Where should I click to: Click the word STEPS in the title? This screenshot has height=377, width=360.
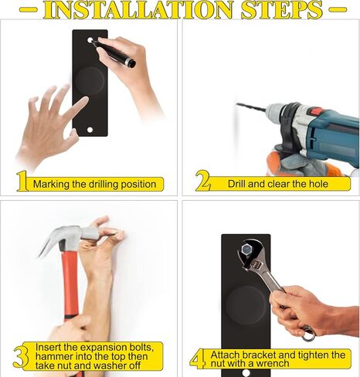tap(282, 10)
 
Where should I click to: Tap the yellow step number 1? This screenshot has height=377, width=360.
tap(22, 182)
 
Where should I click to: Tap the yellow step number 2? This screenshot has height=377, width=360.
tap(203, 180)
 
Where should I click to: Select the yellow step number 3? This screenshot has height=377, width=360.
tap(21, 356)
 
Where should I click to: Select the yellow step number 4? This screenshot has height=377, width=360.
tap(198, 358)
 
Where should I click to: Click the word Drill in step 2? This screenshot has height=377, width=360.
tap(237, 184)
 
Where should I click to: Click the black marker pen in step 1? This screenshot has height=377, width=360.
tap(114, 53)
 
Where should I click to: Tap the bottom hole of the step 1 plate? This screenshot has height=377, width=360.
tap(90, 130)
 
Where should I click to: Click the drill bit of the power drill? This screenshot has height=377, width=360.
tap(251, 107)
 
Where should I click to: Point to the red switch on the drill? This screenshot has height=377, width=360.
tap(314, 112)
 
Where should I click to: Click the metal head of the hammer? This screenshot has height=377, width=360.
tap(67, 237)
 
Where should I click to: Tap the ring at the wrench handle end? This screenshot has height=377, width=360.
tap(309, 334)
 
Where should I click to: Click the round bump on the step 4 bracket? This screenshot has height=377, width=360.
tap(246, 305)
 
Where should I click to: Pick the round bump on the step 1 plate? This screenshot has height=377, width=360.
tap(90, 81)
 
